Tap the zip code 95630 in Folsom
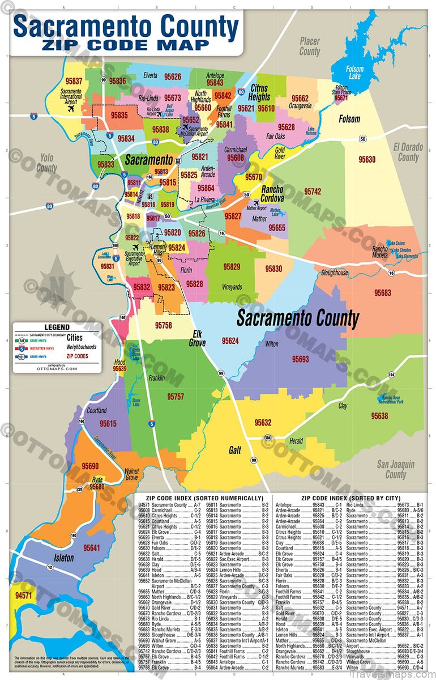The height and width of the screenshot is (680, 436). point(367,160)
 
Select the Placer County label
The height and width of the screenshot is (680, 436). point(309,46)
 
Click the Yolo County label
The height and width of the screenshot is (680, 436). point(46,163)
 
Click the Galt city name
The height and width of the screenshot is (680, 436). point(235,450)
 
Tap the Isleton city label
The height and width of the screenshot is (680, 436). point(63,558)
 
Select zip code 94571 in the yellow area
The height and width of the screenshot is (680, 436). point(24,596)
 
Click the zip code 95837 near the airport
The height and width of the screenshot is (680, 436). point(74,81)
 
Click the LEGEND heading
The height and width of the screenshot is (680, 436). point(57,327)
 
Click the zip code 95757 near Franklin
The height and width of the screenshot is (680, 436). point(176,396)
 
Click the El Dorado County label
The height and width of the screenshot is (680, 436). point(408,152)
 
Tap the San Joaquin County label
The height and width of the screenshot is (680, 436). point(396,469)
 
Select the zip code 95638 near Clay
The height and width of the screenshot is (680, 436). point(379,416)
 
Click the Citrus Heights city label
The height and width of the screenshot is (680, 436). point(259,93)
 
